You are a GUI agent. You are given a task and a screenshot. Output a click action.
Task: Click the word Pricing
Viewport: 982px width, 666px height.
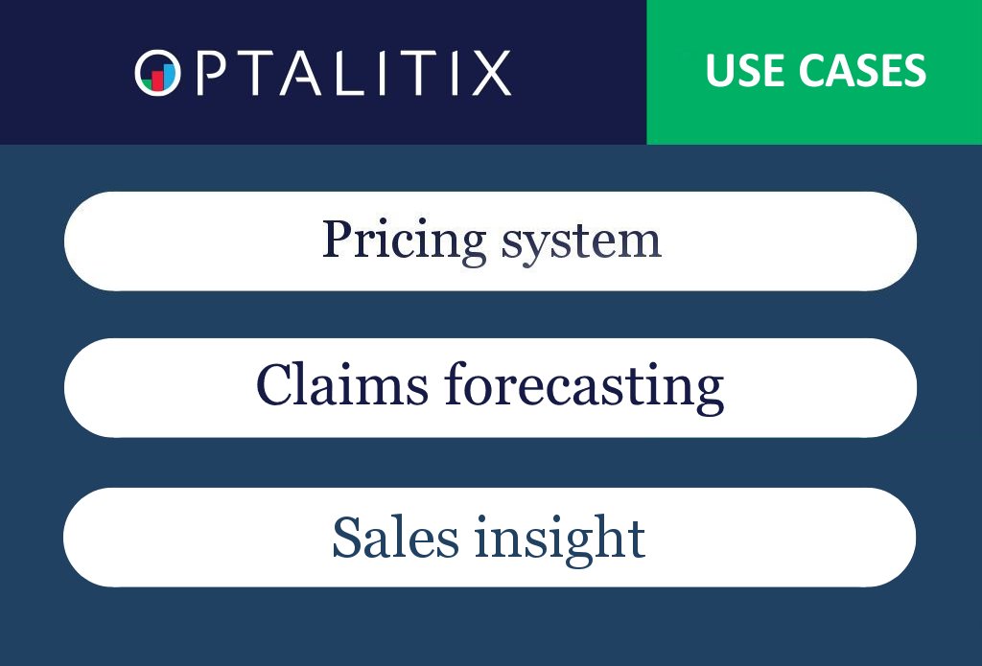pos(404,241)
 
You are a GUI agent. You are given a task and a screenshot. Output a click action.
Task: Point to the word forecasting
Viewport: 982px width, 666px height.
pos(584,386)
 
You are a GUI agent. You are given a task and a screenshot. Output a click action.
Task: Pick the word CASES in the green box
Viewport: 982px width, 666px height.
pos(859,72)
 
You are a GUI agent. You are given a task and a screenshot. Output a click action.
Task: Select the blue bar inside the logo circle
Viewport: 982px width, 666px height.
pos(169,76)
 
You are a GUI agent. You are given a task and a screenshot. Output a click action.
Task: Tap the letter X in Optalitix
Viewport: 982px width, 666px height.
pos(492,73)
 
